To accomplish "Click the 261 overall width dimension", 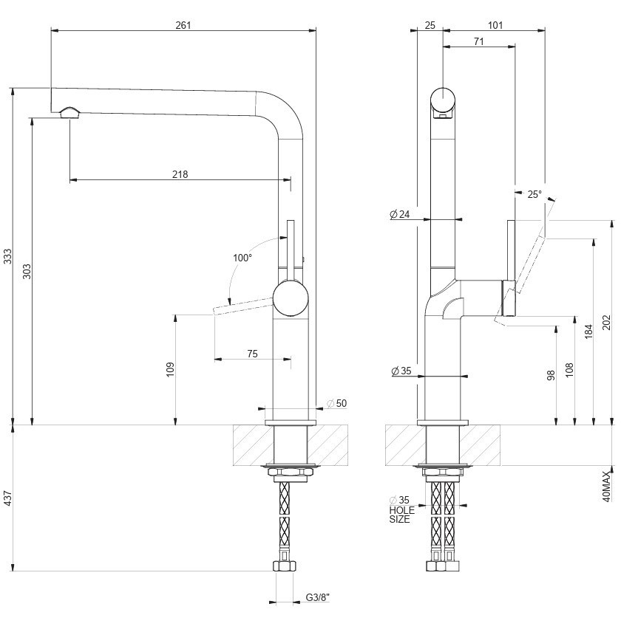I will [183, 25].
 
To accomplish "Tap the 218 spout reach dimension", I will [180, 175].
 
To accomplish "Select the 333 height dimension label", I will [7, 256].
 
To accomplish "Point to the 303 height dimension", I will [27, 271].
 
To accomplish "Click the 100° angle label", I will [242, 258].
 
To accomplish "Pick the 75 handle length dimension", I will [252, 354].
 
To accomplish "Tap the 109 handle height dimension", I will [169, 370].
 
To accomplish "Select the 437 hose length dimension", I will [7, 499].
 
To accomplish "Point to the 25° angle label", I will [534, 195].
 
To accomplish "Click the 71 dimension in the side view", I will [478, 42].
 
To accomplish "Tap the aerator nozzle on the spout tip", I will [69, 112].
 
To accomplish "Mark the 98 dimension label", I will [551, 374].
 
